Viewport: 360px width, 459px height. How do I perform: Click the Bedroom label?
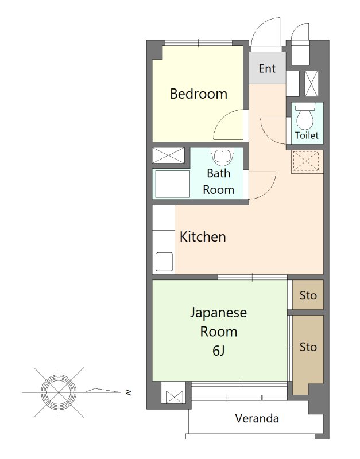click(199, 94)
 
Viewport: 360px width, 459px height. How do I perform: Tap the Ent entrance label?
click(267, 68)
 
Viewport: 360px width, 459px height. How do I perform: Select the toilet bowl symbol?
click(305, 116)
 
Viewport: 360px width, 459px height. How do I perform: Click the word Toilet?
click(307, 135)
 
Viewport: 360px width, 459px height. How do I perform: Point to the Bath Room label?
click(219, 181)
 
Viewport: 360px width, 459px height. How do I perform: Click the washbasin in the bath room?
click(223, 157)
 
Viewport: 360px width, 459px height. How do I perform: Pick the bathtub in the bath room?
click(172, 184)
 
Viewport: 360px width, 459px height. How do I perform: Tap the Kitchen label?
click(203, 236)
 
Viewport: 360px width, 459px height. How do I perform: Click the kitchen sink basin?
click(164, 262)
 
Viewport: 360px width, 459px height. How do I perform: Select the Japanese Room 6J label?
click(219, 332)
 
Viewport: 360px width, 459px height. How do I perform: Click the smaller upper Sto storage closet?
click(308, 295)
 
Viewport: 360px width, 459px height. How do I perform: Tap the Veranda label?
click(257, 418)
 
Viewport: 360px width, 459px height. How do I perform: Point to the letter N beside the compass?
click(128, 392)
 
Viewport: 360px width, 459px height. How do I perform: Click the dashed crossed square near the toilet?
click(306, 161)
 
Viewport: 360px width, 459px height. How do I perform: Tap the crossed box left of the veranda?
click(175, 397)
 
